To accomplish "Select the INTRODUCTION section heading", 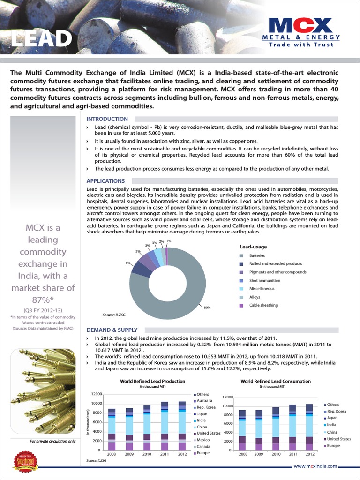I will [x=107, y=119].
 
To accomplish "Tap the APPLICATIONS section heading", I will [x=106, y=181].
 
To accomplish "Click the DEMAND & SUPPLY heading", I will [x=112, y=330].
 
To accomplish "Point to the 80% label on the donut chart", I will [x=207, y=307].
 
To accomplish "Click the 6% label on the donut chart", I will [x=127, y=263].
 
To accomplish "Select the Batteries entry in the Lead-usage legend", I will [x=257, y=256].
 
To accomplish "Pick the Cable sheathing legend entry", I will [x=263, y=305].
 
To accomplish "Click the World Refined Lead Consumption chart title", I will [x=276, y=382].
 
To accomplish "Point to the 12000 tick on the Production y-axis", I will [x=97, y=394].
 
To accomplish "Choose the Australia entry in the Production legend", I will [x=204, y=401].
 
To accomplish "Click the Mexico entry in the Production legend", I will [x=203, y=440].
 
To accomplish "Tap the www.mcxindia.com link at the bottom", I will [x=316, y=466].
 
